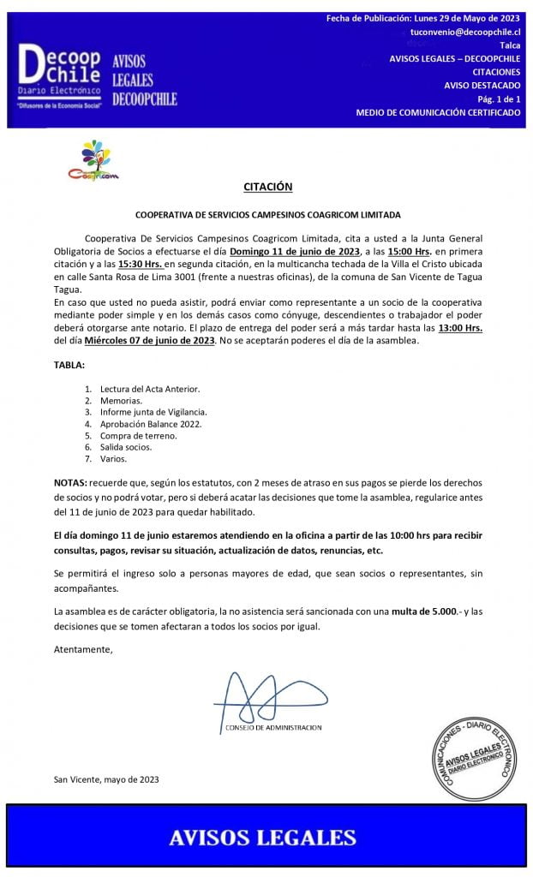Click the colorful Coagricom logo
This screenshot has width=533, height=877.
(93, 161)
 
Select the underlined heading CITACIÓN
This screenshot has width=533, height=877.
(267, 187)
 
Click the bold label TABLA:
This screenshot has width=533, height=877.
(69, 365)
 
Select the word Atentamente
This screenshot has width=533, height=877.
(83, 649)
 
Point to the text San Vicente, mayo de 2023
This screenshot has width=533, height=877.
(106, 779)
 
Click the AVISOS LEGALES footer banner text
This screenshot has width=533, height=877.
(262, 837)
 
